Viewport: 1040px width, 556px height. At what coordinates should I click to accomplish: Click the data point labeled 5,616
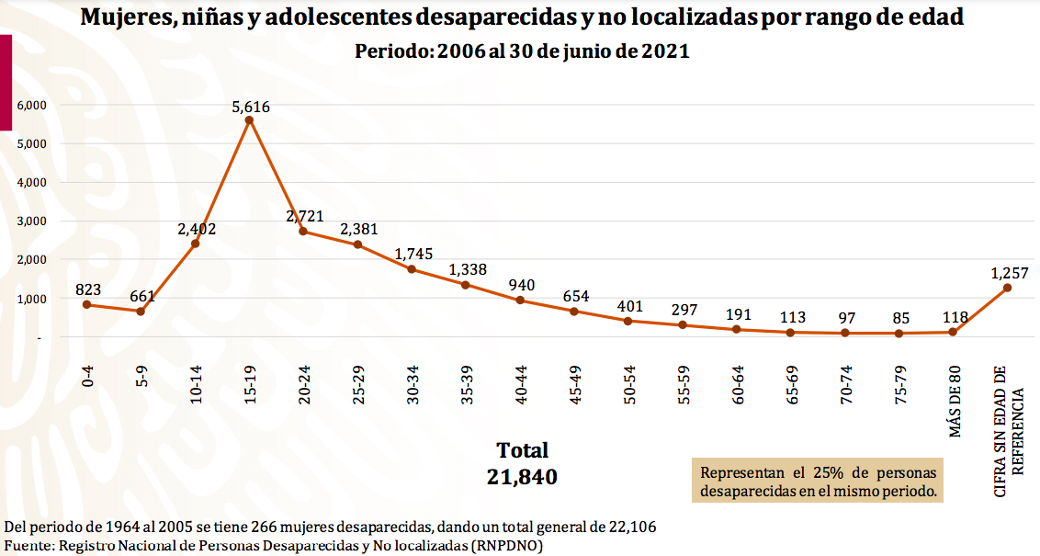point(249,119)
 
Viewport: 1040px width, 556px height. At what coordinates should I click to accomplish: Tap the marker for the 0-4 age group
point(87,304)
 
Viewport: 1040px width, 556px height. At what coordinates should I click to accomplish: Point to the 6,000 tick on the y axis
point(32,105)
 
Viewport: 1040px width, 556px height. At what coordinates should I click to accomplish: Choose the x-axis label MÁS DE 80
point(955,402)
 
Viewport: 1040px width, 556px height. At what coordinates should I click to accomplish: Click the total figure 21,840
point(523,477)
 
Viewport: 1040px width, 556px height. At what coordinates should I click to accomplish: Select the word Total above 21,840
point(523,450)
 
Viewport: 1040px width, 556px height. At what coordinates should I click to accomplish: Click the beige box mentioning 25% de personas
point(818,482)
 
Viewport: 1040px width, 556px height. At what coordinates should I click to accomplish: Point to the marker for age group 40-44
point(520,301)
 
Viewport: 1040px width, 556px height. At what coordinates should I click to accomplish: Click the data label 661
point(142,296)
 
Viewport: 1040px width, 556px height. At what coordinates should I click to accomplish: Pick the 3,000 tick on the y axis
point(32,221)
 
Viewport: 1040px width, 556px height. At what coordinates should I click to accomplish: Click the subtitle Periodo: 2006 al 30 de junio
point(522,51)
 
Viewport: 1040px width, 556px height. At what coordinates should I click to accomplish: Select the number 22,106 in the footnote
point(632,528)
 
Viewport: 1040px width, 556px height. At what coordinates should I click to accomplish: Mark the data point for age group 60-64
point(737,329)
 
